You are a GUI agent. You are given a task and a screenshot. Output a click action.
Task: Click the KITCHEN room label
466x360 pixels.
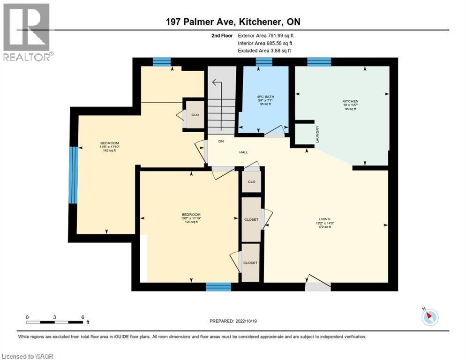coord(350,101)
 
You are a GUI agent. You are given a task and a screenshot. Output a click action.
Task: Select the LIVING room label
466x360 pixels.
coord(324,219)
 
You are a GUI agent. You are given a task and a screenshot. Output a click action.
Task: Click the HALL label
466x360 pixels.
coord(243,152)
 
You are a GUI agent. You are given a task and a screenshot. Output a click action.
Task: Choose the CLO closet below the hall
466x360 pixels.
coord(251,182)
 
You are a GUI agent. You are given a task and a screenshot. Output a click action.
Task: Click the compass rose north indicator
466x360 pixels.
coord(429,317)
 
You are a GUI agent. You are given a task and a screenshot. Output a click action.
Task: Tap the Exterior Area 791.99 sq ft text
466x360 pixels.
coord(266,36)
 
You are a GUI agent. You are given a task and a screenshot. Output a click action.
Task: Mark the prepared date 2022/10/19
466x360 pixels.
coord(233,321)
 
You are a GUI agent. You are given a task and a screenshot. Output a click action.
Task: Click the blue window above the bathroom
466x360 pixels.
coord(264,62)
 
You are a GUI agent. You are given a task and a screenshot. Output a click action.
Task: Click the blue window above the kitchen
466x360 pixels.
coord(319,61)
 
